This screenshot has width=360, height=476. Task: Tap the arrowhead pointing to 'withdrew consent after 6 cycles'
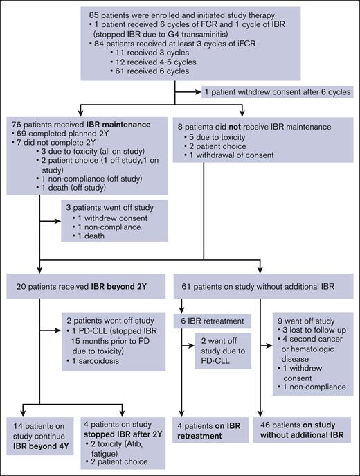[199, 91]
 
